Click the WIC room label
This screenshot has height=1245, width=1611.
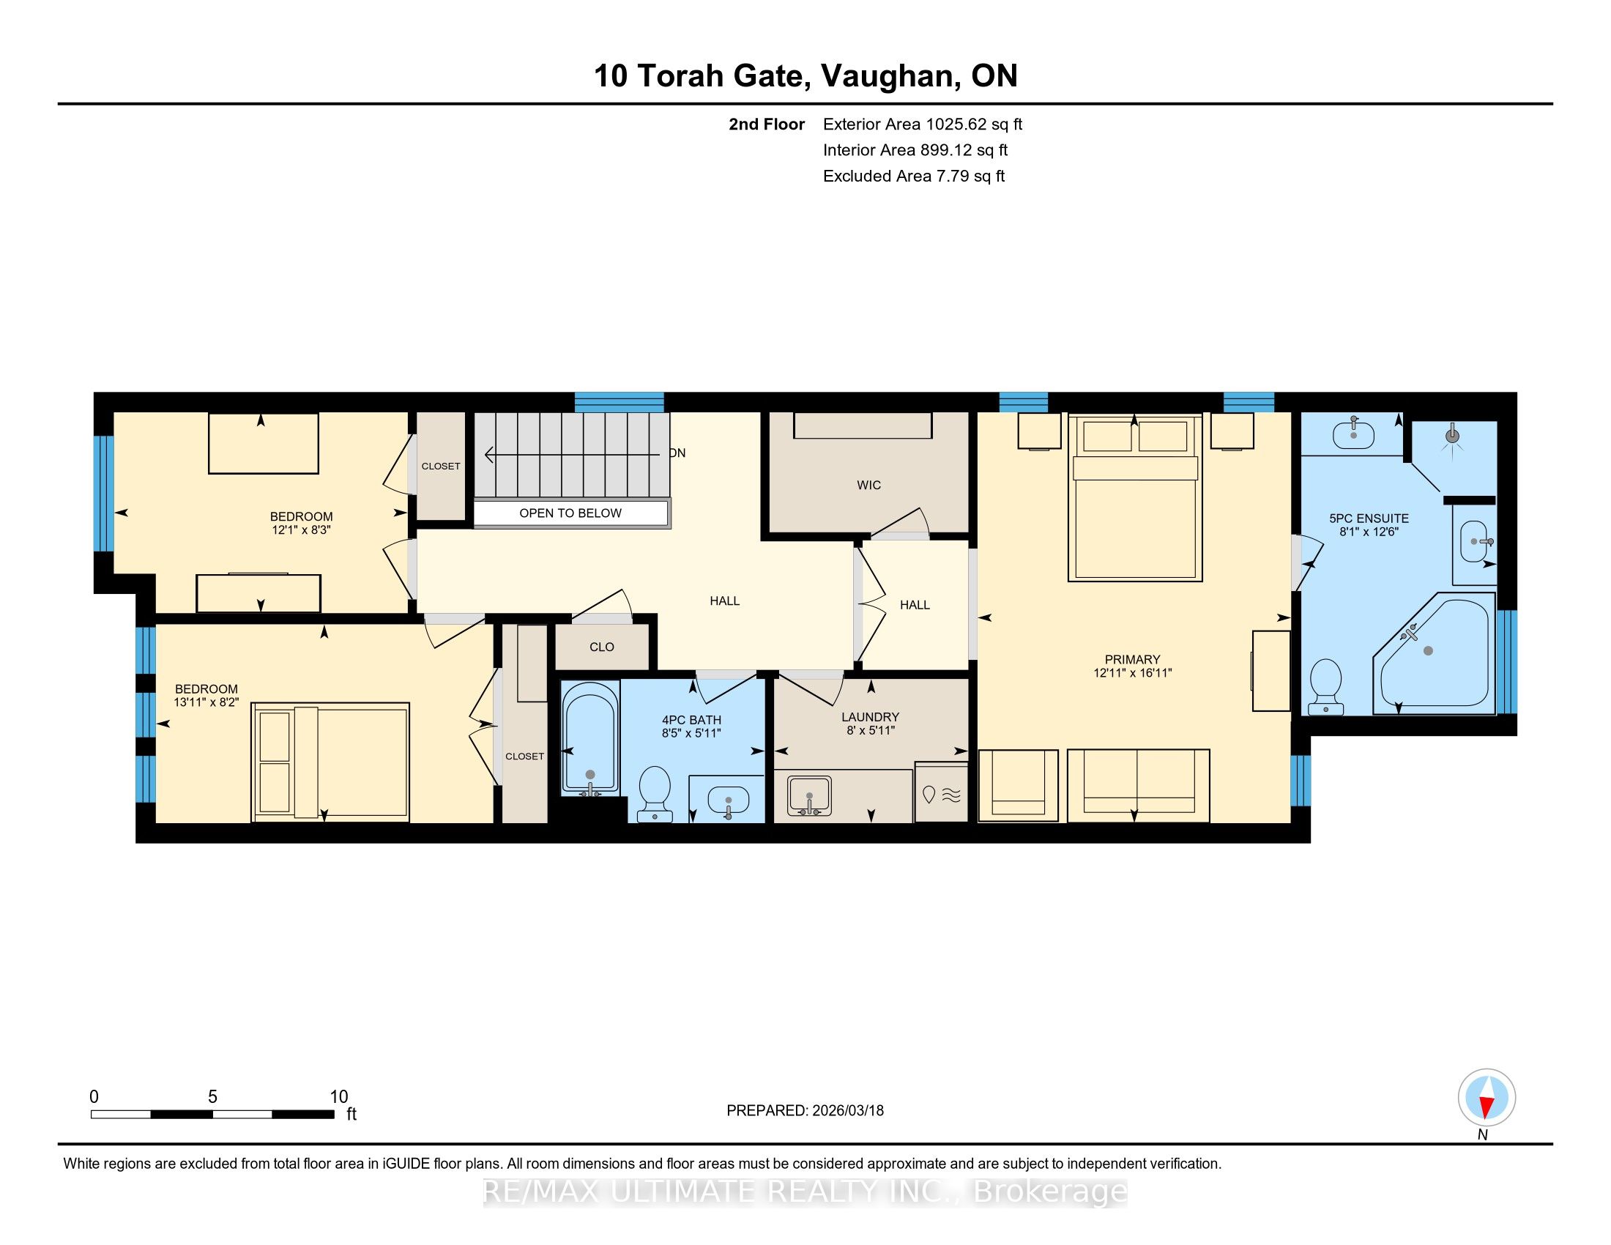[869, 486]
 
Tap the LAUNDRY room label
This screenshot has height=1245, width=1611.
[871, 717]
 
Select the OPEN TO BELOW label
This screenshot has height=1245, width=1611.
[570, 513]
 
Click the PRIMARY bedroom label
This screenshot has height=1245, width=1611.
[1132, 659]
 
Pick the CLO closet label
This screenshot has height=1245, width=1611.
[602, 647]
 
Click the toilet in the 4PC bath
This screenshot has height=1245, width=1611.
[654, 794]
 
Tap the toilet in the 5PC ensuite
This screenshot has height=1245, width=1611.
[1325, 686]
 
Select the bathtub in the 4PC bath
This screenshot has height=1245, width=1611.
[590, 738]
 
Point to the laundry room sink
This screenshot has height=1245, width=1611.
[809, 796]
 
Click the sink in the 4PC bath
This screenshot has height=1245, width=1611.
[727, 800]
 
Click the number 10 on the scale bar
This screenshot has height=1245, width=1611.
[338, 1097]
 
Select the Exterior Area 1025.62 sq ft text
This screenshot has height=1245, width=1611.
[923, 124]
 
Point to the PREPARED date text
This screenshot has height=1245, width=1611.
[805, 1110]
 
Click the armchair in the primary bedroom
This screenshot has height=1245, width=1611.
[1018, 786]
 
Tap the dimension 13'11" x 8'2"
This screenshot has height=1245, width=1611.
[207, 703]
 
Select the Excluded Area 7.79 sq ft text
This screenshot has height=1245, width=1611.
[914, 176]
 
